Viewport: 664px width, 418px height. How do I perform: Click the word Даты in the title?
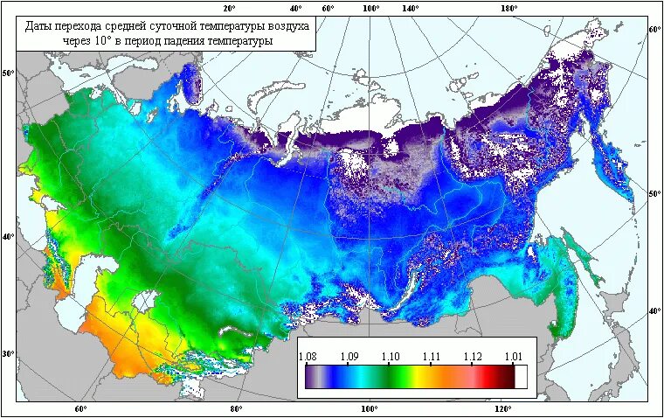click(x=38, y=26)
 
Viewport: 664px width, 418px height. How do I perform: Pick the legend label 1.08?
click(x=308, y=356)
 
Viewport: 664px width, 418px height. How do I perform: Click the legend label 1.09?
click(x=349, y=356)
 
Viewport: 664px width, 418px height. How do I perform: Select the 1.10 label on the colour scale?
click(x=390, y=356)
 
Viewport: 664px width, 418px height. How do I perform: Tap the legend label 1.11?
click(x=431, y=356)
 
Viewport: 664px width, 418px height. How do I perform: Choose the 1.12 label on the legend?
click(x=472, y=356)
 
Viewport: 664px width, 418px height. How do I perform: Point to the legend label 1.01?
click(x=513, y=356)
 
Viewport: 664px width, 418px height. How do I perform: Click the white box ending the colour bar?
click(x=521, y=376)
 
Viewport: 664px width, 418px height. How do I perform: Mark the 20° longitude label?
click(x=230, y=8)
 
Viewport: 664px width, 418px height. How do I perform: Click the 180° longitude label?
click(x=509, y=8)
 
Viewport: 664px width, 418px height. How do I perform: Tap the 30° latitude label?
click(x=9, y=354)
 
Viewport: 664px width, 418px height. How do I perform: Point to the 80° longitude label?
click(x=236, y=408)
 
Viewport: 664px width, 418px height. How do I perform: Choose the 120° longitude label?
click(x=501, y=408)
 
